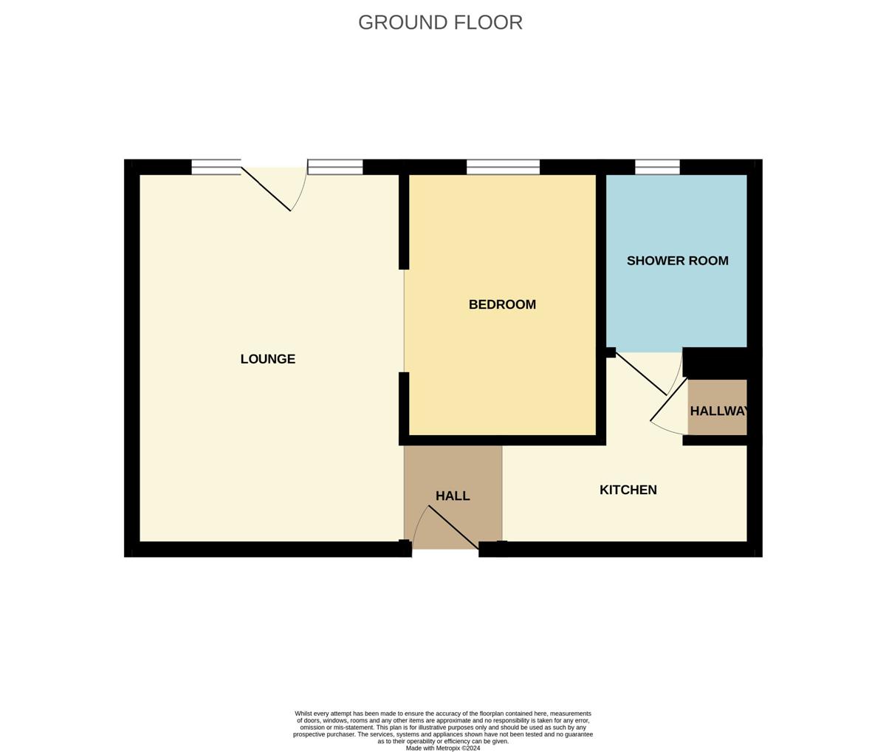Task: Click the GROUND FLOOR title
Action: coord(440,22)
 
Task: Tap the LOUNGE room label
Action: coord(268,359)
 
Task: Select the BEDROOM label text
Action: coord(502,304)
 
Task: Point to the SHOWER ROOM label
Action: coord(678,261)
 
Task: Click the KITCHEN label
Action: coord(628,490)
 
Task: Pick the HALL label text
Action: coord(453,496)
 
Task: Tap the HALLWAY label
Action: coord(719,411)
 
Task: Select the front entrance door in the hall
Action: coord(453,527)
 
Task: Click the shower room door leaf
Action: coord(642,374)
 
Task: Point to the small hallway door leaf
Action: coord(669,400)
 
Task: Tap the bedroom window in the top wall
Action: coord(503,167)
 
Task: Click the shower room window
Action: coord(658,167)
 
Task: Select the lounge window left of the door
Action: coord(216,167)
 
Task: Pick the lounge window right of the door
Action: coord(335,167)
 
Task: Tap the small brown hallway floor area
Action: coord(718,407)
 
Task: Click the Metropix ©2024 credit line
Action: coord(443,748)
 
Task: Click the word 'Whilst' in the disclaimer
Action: coord(303,714)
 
